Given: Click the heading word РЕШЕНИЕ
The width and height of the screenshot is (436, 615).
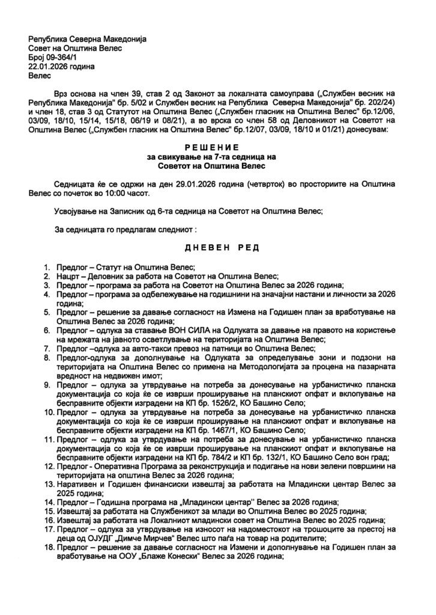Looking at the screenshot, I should pos(217,147).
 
